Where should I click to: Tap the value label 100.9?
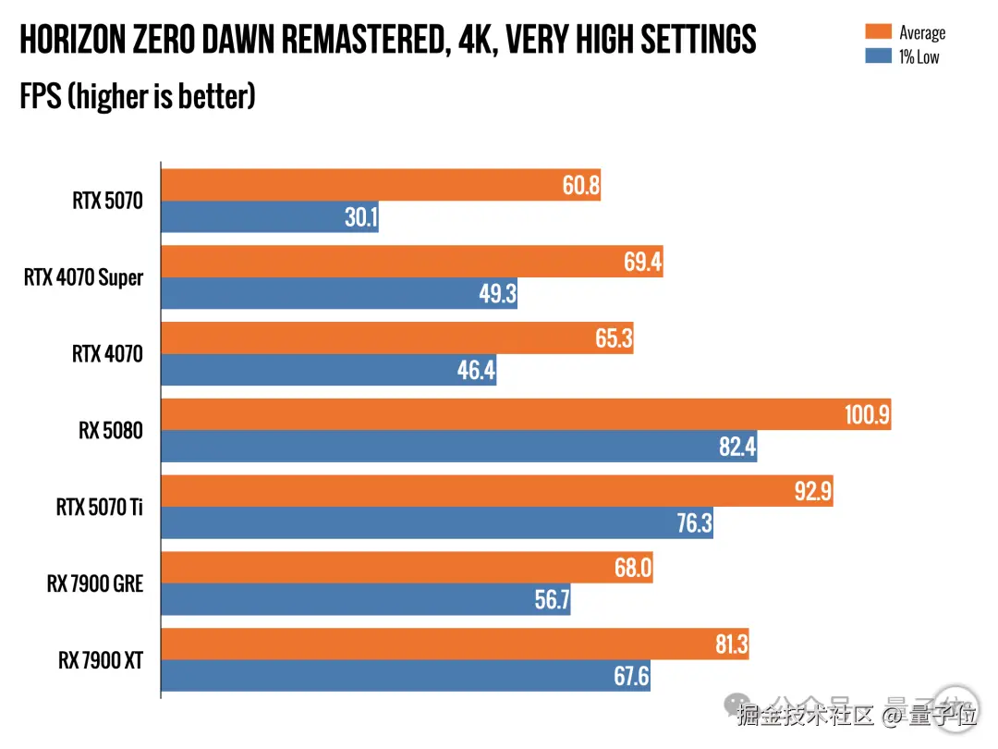pyautogui.click(x=867, y=416)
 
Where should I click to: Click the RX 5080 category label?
pyautogui.click(x=111, y=430)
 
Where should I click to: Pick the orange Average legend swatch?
pyautogui.click(x=877, y=33)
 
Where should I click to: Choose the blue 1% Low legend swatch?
pyautogui.click(x=877, y=56)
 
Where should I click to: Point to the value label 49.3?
pyautogui.click(x=496, y=294)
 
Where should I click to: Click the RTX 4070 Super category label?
pyautogui.click(x=84, y=276)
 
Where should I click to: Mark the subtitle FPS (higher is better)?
pyautogui.click(x=138, y=95)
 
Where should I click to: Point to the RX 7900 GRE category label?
pyautogui.click(x=96, y=583)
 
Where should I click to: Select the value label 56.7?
pyautogui.click(x=551, y=600)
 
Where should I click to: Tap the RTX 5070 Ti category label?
pyautogui.click(x=100, y=507)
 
